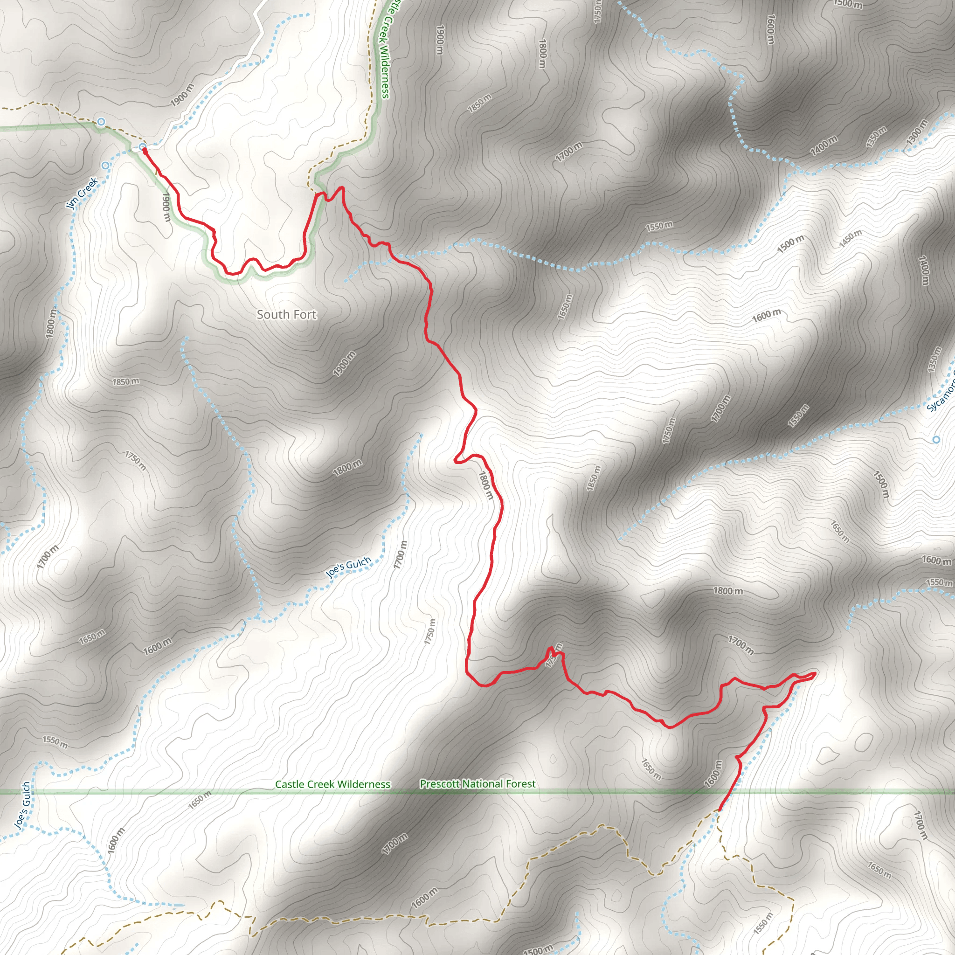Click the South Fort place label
coord(286,314)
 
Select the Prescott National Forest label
coord(477,783)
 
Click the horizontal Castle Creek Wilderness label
coord(332,784)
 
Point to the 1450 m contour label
coord(850,239)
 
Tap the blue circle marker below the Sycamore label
coord(936,439)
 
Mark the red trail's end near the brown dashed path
coord(718,810)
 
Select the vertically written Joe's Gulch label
coord(22,805)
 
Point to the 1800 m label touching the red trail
coord(485,484)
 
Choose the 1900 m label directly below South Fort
coord(344,364)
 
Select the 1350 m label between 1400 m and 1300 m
coord(876,138)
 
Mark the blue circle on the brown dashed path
coord(101,122)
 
